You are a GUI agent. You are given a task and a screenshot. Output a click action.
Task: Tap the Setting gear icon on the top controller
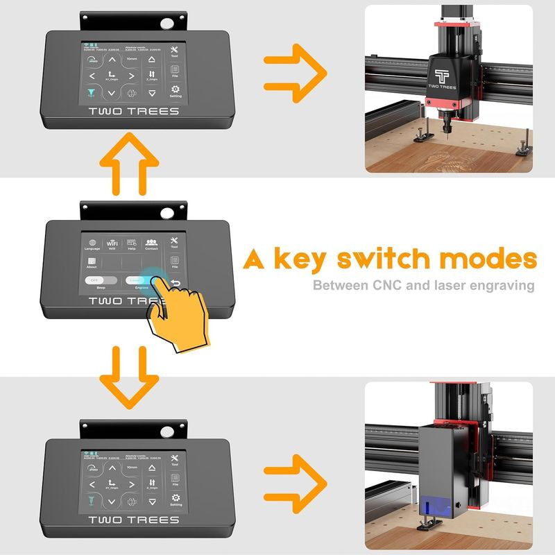[x=175, y=90]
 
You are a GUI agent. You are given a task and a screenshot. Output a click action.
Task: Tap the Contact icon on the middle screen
[x=151, y=243]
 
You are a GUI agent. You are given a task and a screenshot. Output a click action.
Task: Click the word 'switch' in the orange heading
[x=389, y=259]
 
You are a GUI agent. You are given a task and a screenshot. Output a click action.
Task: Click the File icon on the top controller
[x=175, y=70]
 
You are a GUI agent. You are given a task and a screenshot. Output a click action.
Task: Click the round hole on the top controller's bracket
[x=166, y=24]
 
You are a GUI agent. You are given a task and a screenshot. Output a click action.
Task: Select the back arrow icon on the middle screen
[x=175, y=282]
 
